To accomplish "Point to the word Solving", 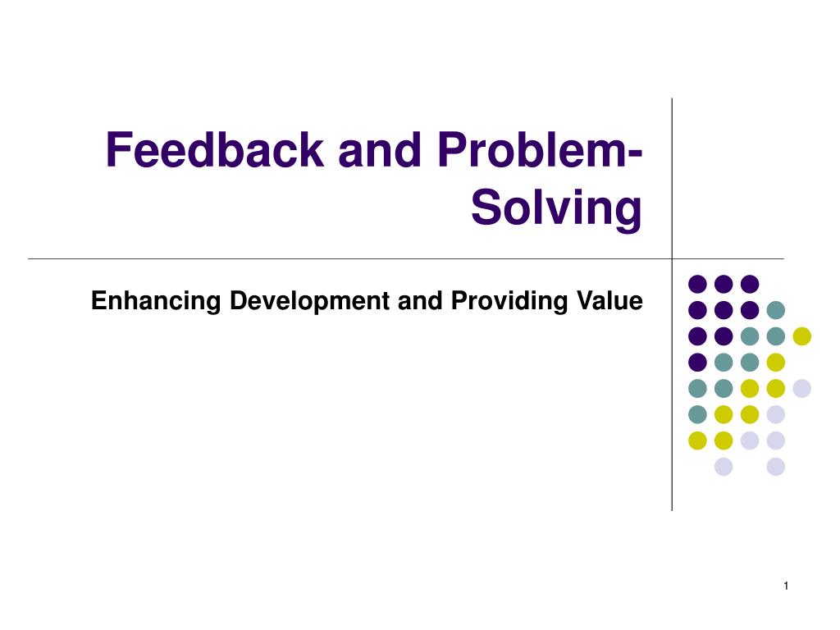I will [x=556, y=208].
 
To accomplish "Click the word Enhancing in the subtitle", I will [x=156, y=302].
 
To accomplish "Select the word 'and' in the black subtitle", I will [x=419, y=301].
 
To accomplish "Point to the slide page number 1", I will [x=786, y=585].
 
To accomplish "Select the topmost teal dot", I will [x=775, y=310].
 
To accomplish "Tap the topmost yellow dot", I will [x=801, y=336].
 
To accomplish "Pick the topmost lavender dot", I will [x=801, y=388].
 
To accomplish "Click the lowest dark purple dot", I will [x=697, y=362].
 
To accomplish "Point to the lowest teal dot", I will [x=697, y=414].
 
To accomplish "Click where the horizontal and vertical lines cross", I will [x=672, y=259].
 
